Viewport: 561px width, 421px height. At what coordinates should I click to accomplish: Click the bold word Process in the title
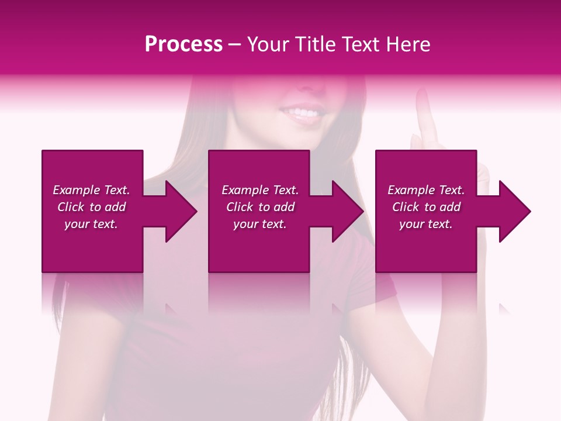(183, 44)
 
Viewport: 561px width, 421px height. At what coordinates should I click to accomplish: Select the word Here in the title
(408, 44)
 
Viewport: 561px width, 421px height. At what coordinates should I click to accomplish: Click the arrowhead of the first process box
(181, 211)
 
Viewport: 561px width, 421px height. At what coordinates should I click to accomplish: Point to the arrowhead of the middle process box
(347, 211)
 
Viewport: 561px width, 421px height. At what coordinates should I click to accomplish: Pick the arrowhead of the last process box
(514, 211)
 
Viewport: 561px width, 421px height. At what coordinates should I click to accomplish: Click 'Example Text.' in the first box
(91, 190)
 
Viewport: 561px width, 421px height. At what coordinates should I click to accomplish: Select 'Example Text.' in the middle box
(260, 190)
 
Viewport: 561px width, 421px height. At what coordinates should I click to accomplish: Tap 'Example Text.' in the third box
(426, 190)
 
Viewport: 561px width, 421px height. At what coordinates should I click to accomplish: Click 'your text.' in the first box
(91, 224)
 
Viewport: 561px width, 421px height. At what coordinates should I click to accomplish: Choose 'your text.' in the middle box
(260, 224)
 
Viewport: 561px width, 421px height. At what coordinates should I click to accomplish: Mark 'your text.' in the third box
(426, 224)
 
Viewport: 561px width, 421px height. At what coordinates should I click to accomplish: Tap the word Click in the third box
(406, 207)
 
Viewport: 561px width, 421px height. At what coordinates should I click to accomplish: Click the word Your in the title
(268, 44)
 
